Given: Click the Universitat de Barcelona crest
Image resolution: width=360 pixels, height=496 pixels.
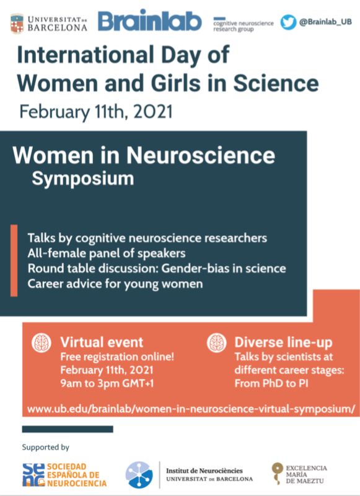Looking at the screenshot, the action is (17, 24).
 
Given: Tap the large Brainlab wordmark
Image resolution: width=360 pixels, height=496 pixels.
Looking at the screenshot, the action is (149, 21).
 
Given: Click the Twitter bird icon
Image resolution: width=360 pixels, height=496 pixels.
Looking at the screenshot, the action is (288, 22).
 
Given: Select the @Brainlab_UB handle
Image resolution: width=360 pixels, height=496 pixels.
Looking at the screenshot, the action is (325, 22).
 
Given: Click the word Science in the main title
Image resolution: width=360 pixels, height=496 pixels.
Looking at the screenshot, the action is (276, 83).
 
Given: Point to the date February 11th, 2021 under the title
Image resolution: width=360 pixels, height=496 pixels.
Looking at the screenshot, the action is (96, 111).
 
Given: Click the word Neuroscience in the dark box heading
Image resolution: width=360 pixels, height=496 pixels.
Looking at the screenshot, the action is (201, 155).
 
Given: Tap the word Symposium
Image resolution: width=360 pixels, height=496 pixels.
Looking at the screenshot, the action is (82, 179).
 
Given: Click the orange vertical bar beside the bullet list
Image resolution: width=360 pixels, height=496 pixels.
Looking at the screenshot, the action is (14, 260).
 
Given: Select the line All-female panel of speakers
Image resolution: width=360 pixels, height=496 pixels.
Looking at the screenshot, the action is (107, 253).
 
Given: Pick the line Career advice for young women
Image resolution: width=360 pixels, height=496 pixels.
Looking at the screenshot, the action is (115, 284).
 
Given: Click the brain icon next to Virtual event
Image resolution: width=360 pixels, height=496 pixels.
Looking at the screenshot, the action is (42, 342).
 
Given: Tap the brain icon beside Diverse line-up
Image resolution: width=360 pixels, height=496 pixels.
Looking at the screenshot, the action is (217, 342).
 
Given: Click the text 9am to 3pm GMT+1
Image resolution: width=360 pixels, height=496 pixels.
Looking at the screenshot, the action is (107, 383).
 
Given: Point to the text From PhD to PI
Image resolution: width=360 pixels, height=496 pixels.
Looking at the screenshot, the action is (271, 383).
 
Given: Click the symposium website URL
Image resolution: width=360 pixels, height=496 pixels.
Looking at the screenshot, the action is (191, 409).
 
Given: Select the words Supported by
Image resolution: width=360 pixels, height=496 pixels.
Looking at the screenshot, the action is (46, 447).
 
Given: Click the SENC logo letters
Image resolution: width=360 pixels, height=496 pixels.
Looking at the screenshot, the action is (33, 474).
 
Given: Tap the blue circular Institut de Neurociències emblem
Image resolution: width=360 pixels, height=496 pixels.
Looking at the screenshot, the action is (139, 474).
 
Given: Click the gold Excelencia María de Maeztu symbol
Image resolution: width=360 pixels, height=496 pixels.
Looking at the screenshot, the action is (278, 473).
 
